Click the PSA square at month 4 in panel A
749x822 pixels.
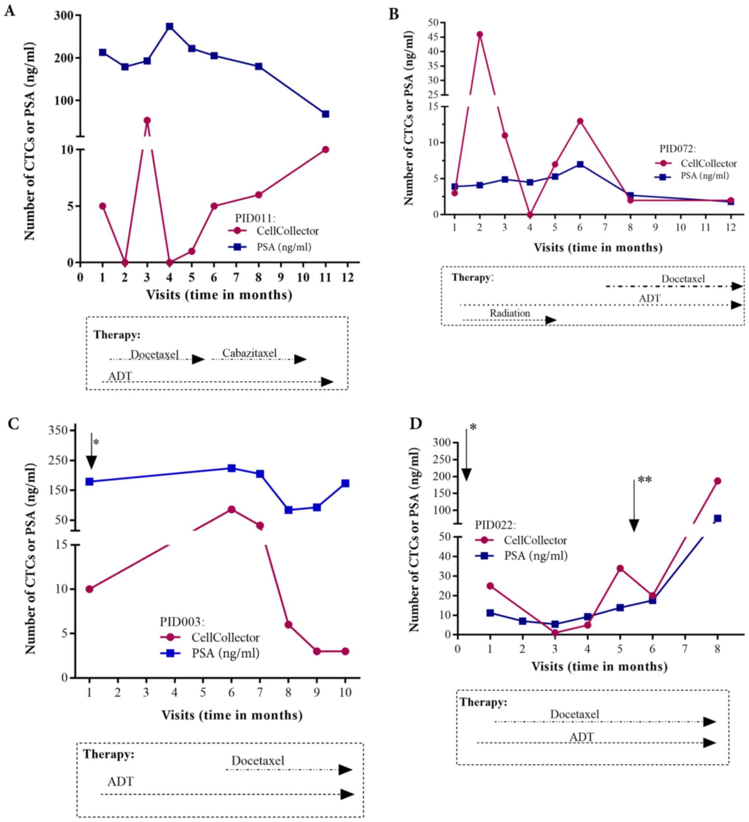point(170,27)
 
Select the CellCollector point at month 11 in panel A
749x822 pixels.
point(325,150)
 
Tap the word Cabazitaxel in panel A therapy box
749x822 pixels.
point(249,353)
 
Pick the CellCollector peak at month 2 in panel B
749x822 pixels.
point(480,34)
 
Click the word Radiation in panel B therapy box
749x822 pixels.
point(510,313)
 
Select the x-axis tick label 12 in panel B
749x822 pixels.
point(731,227)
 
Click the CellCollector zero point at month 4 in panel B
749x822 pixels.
point(530,214)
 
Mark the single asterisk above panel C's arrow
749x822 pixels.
point(96,443)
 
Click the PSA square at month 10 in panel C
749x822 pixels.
point(345,484)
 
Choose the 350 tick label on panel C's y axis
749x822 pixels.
point(58,431)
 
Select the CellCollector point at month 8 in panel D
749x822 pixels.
point(717,481)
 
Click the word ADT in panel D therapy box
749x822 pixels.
point(582,737)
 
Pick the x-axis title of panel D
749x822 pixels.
point(599,667)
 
